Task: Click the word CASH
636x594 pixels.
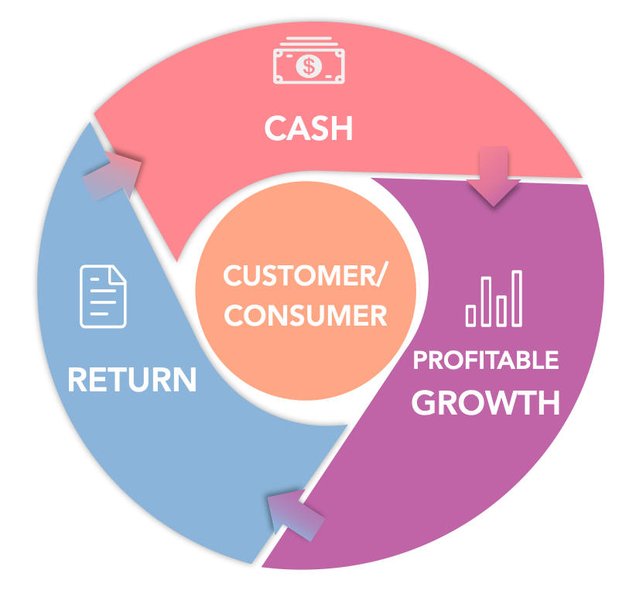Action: point(308,128)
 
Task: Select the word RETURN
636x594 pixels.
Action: point(132,379)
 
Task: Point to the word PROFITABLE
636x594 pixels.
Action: point(486,360)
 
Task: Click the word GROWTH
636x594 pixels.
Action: point(486,402)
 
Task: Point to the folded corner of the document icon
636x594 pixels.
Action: point(118,273)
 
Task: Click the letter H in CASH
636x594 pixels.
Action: point(340,128)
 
